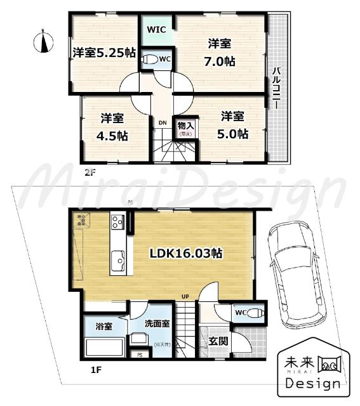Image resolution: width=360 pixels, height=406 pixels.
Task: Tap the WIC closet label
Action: (156, 30)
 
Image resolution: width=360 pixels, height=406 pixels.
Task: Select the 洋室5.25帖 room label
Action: (103, 53)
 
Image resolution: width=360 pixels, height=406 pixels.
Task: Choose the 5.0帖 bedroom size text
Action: (234, 134)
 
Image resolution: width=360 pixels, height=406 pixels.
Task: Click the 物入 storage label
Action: (186, 125)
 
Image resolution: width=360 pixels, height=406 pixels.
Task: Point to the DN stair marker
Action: (163, 122)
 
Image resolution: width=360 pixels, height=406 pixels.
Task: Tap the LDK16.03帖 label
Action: (185, 252)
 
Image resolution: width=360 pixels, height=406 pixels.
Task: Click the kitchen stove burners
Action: (118, 221)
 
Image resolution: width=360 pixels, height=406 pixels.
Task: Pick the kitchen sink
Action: (119, 259)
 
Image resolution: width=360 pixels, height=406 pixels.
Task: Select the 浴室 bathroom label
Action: (104, 327)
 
